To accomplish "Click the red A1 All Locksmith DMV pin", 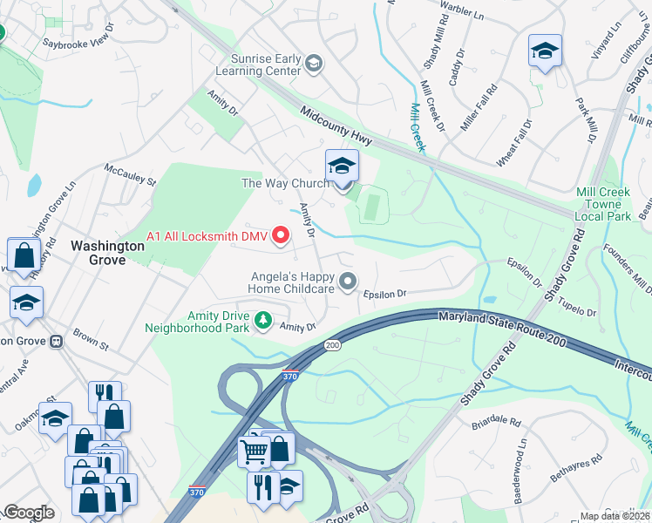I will coord(281,234).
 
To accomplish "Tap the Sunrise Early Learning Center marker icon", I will coord(314,63).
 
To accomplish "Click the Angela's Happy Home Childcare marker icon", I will coord(348,281).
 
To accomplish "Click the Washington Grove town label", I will coord(107,246).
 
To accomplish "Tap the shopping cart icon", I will coord(255,452).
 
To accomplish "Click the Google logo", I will coord(29,513).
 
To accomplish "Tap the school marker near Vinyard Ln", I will coord(545,51).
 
